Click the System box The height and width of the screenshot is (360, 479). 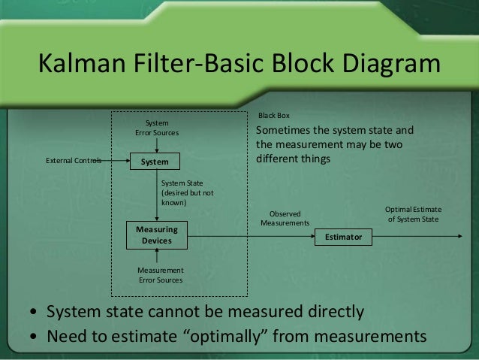tap(156, 161)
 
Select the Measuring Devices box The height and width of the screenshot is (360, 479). tap(156, 234)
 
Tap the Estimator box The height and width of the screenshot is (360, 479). tap(343, 237)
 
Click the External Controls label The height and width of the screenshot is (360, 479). tap(74, 161)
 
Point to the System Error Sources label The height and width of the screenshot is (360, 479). tap(157, 129)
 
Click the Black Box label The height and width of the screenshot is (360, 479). tap(273, 116)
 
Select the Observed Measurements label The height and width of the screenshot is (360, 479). tap(285, 219)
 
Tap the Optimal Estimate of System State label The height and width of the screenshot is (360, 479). tap(413, 214)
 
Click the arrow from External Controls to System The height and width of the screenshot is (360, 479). tap(117, 161)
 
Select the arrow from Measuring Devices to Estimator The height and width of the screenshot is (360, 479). tap(248, 237)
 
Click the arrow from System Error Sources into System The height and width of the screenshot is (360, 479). tap(156, 145)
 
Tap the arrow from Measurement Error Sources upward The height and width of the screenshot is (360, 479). tap(156, 256)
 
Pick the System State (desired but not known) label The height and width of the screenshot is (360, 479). tap(188, 192)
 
